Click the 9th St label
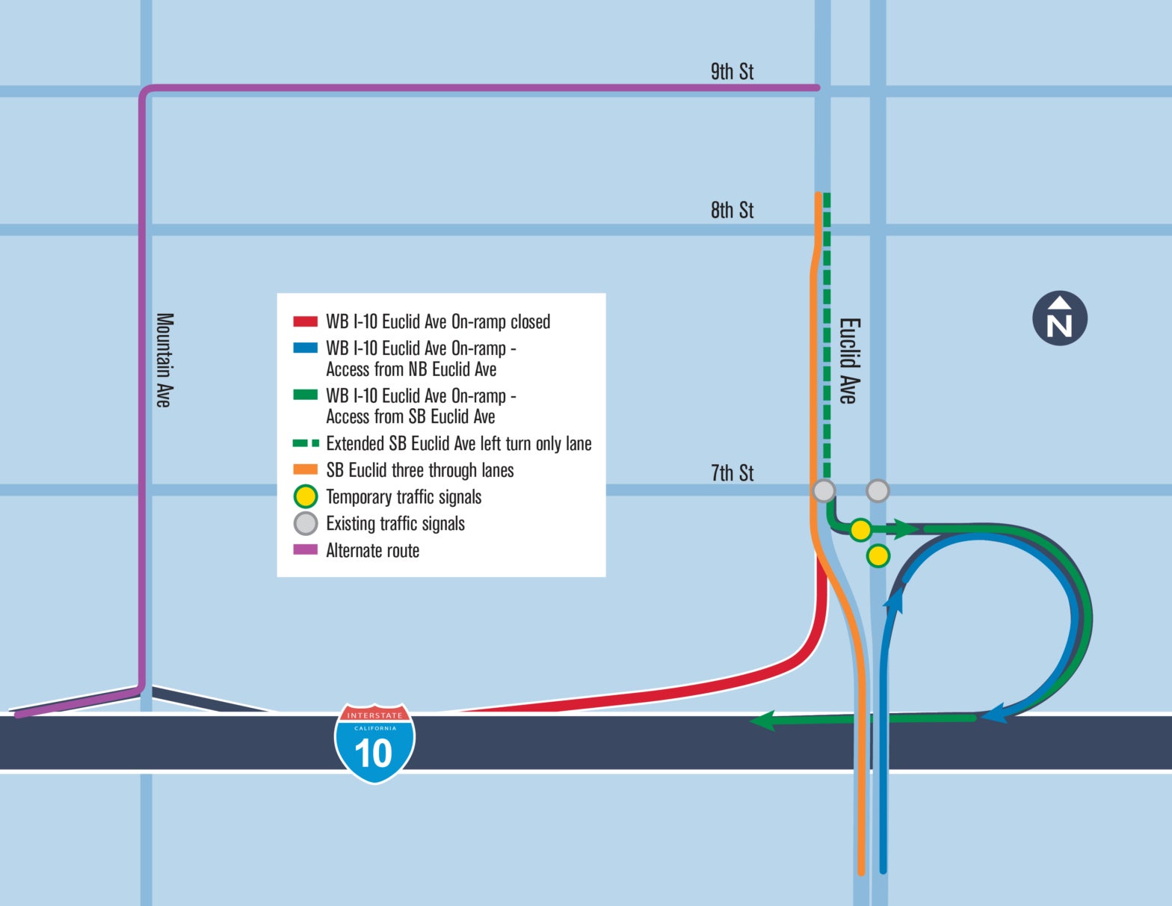pos(732,72)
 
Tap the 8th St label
pos(732,210)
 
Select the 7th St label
pos(732,472)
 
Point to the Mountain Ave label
pos(164,360)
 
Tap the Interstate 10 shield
pos(374,743)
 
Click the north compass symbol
pos(1059,318)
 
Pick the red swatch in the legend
pos(305,322)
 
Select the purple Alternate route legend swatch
pos(305,550)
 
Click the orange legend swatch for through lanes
pos(305,470)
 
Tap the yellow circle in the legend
pos(306,497)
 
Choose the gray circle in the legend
pos(306,523)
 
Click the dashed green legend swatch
pos(305,443)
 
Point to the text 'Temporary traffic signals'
pos(404,497)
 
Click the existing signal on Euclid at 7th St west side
pos(824,491)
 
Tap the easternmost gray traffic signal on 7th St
pos(878,491)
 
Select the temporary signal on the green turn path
pos(860,530)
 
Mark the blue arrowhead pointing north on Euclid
pos(895,598)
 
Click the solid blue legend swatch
pos(305,348)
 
